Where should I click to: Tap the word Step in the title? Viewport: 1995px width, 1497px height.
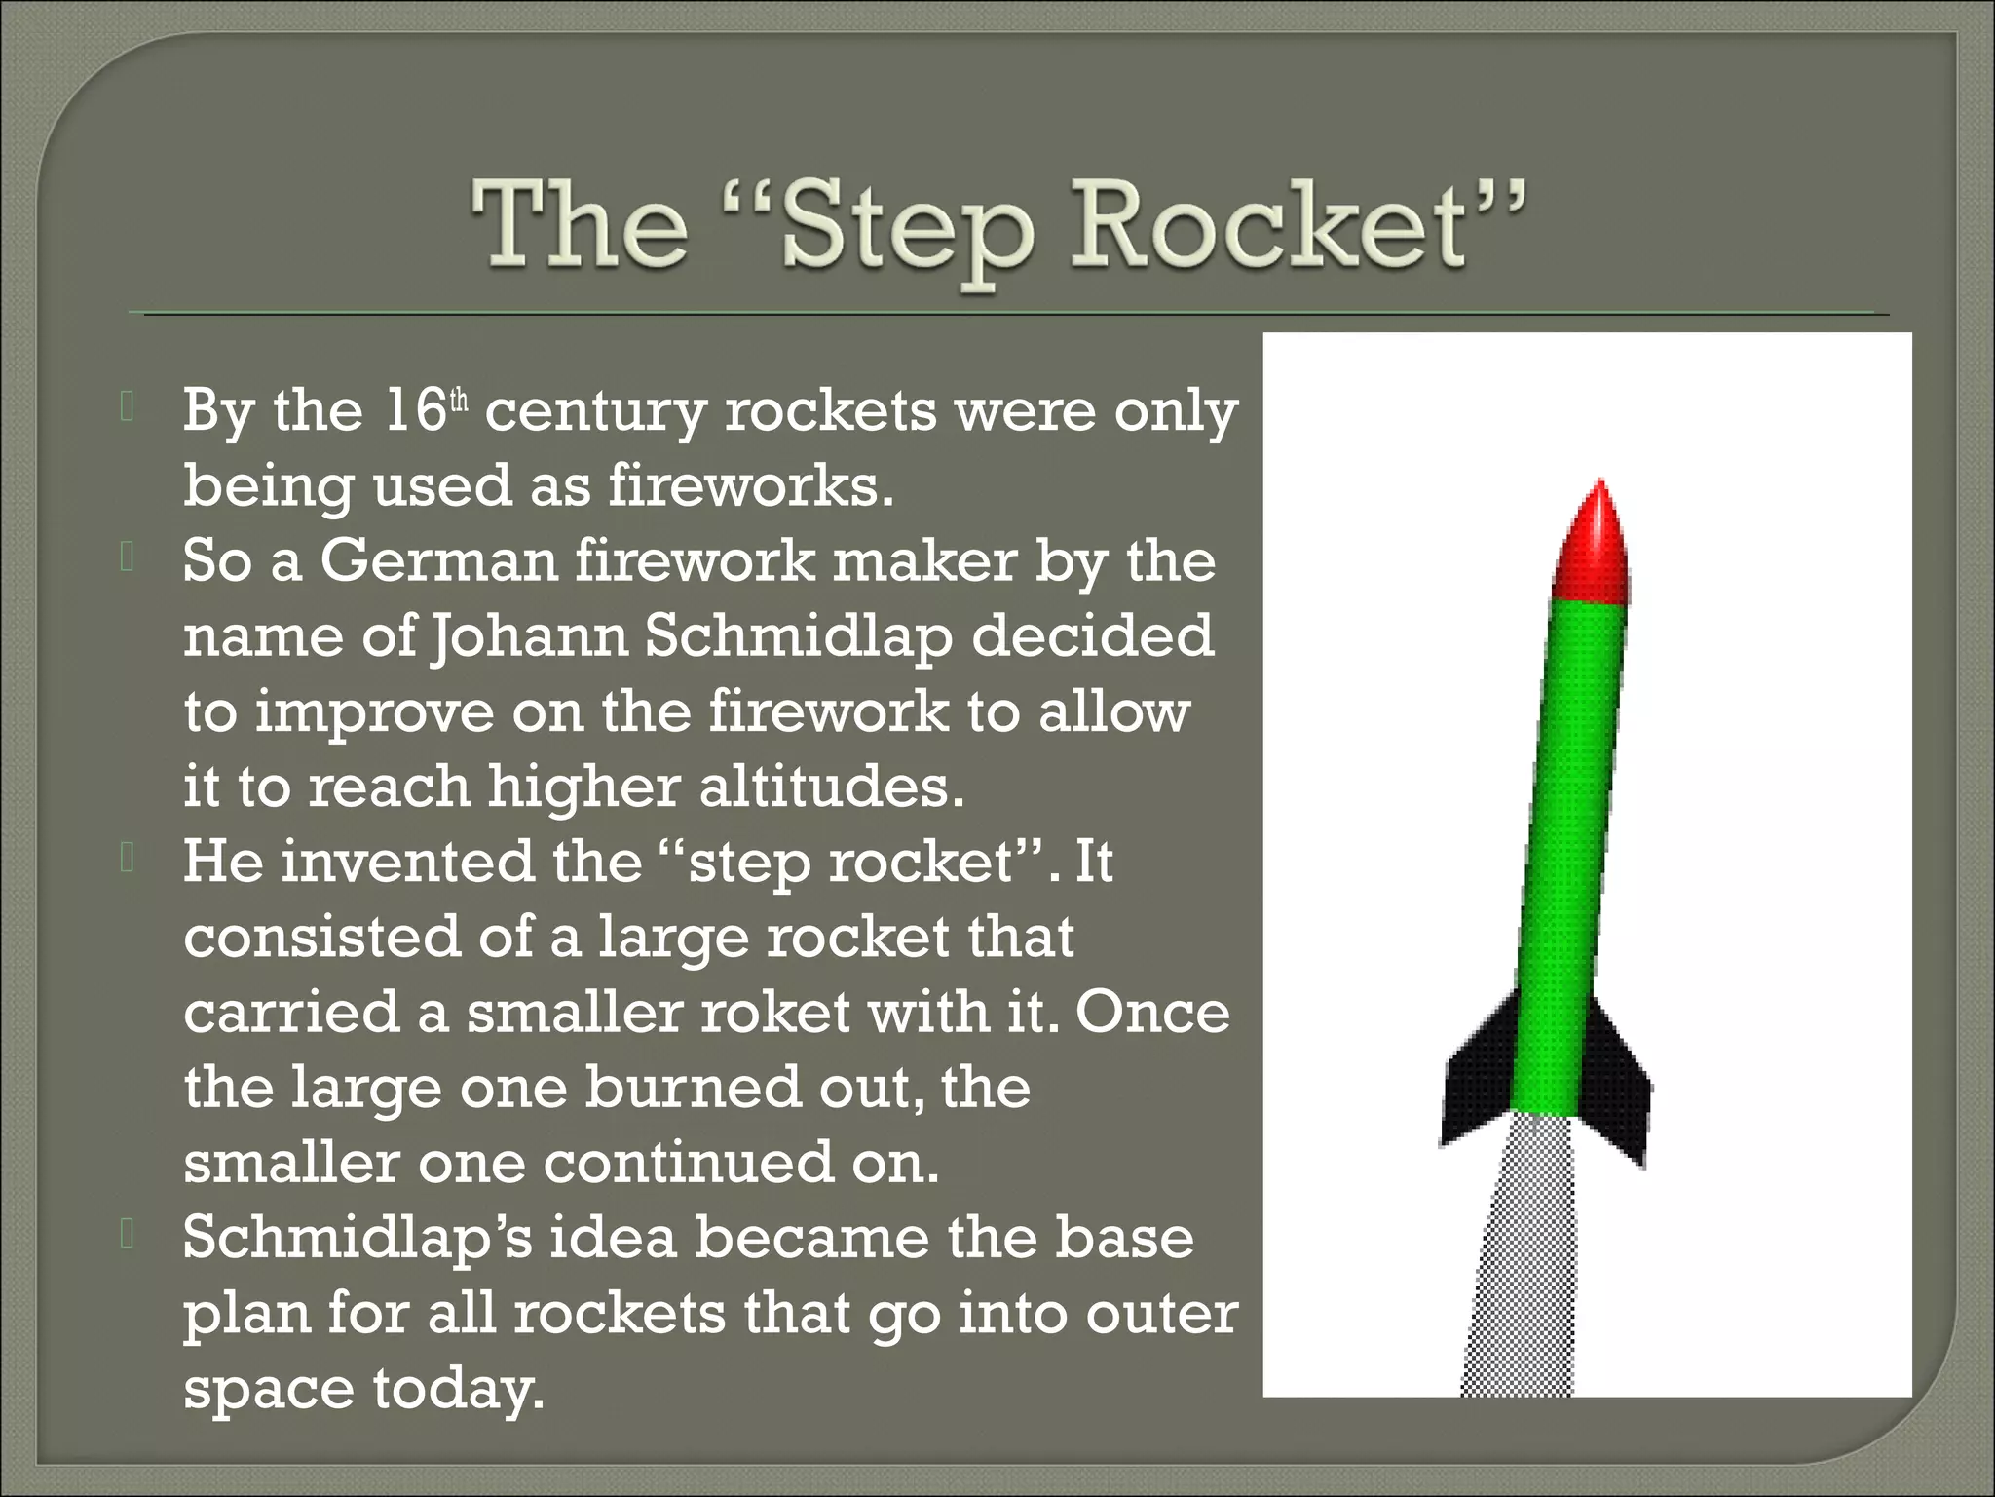pos(906,230)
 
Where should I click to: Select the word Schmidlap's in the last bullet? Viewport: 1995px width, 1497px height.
pos(357,1240)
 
